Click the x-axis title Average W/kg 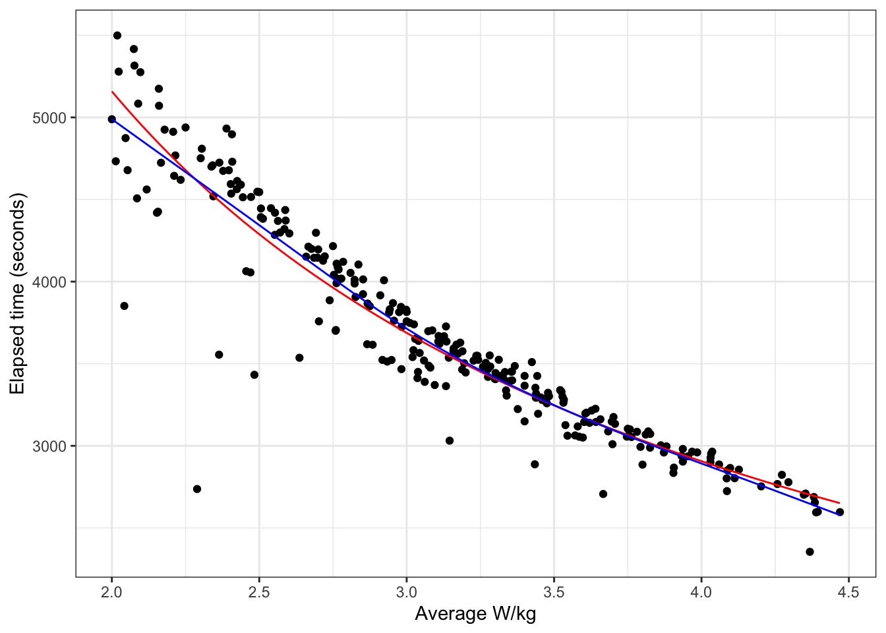(x=475, y=615)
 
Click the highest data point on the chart (x=117, y=36)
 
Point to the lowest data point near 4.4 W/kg (x=810, y=552)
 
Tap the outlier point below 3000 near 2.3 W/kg (x=197, y=489)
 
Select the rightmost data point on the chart (x=840, y=512)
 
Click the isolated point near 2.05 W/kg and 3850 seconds (x=124, y=306)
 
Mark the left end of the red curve (x=112, y=92)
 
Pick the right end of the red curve (x=839, y=503)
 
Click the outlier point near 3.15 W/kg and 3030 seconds (x=450, y=440)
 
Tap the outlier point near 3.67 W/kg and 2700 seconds (x=603, y=494)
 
